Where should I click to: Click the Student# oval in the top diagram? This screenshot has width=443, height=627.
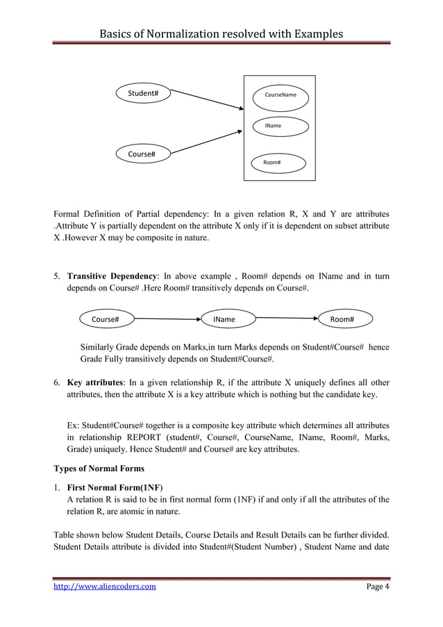143,93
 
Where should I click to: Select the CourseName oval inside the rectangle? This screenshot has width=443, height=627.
280,95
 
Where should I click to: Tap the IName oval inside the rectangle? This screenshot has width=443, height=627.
280,126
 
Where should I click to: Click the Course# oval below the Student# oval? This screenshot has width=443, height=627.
142,154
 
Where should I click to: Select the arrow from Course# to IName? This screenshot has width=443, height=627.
167,320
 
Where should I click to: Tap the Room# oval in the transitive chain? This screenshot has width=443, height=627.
342,320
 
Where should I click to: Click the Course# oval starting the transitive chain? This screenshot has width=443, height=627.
106,320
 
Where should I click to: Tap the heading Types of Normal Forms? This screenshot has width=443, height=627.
99,469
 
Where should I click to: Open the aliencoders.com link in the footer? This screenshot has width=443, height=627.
105,587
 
